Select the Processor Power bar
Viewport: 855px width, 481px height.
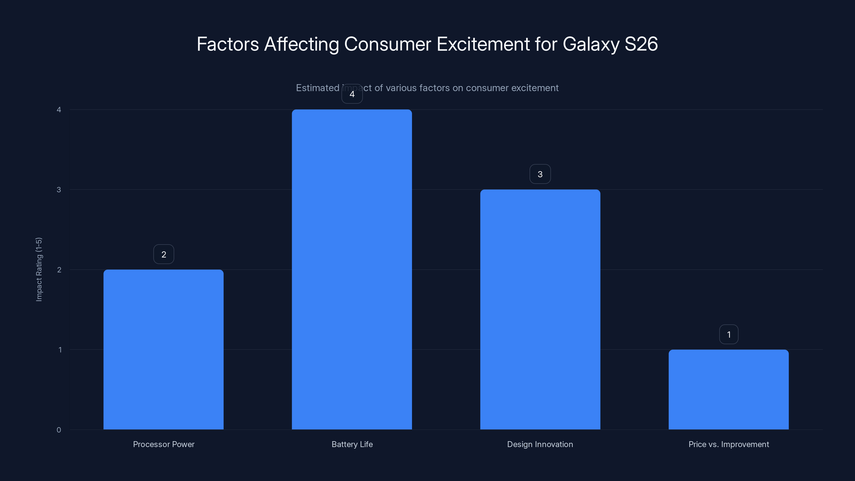163,349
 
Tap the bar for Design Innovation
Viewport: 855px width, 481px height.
540,309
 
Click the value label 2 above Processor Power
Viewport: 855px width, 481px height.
164,254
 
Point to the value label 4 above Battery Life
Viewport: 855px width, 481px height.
352,94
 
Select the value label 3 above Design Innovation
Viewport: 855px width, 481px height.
540,174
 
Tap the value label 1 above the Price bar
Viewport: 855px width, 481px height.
729,334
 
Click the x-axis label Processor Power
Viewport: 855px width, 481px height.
164,444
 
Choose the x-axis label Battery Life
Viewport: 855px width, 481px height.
352,444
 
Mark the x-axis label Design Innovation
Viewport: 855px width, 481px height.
540,444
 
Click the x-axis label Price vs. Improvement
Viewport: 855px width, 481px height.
729,444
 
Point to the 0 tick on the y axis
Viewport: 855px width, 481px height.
59,430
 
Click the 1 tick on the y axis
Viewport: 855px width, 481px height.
60,350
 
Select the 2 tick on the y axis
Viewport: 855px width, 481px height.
59,270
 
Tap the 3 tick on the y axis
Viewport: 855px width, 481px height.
59,189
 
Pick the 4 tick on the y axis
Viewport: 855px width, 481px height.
59,110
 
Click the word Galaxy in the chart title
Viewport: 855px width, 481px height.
591,44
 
